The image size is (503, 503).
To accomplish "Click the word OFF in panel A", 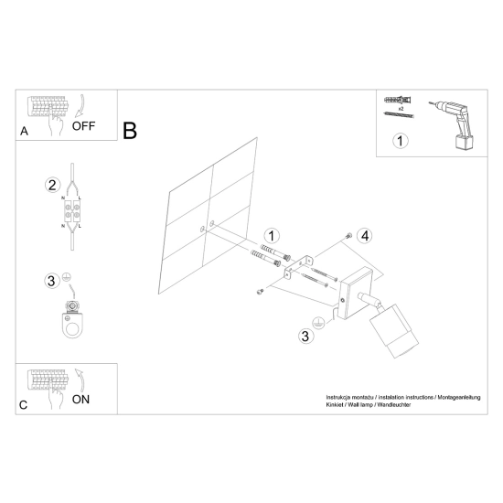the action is [x=83, y=126].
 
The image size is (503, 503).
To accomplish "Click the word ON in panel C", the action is [x=80, y=400].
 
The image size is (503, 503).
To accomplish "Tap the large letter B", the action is [x=130, y=131].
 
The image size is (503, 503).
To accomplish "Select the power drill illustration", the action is [x=452, y=124].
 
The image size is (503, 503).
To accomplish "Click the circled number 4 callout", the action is [x=365, y=236].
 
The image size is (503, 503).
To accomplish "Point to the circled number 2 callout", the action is [x=52, y=185].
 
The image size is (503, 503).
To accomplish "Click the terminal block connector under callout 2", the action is [x=72, y=211].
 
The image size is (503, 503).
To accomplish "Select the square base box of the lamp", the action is [x=356, y=294].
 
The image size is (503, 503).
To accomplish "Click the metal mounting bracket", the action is [x=298, y=267].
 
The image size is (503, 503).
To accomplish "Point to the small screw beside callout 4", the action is [x=348, y=236].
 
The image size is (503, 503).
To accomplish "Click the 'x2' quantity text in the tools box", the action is [x=401, y=109].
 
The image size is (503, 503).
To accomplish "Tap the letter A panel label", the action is [x=24, y=131].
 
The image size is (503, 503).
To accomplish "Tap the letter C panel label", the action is [x=23, y=405].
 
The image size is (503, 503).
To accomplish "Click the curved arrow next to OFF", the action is [x=80, y=105].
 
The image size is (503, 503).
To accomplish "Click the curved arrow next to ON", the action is [x=80, y=380].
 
